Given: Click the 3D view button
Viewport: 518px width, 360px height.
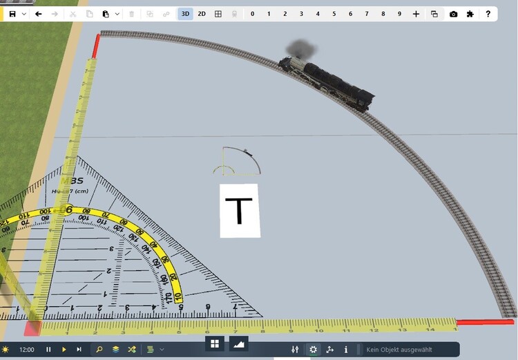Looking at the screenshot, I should click(185, 14).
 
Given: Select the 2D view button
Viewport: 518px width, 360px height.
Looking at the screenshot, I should click(202, 14).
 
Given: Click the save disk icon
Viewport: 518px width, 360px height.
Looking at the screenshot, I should click(12, 14).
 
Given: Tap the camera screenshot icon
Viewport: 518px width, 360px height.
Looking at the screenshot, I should click(453, 14).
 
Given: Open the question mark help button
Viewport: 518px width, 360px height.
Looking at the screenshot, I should click(488, 14).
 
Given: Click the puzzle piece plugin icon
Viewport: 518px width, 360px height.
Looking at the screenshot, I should click(470, 14).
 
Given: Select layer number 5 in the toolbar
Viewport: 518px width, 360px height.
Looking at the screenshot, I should click(334, 14).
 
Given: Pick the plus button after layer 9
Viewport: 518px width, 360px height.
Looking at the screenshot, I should click(416, 14).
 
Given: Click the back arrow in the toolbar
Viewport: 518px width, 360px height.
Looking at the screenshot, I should click(39, 14).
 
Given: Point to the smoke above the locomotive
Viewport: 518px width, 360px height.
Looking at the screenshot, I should click(303, 49).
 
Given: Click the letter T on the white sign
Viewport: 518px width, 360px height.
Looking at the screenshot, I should click(240, 210).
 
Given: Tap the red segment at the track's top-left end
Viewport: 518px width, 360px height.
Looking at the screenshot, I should click(96, 46).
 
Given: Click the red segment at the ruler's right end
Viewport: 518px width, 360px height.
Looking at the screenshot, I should click(486, 322).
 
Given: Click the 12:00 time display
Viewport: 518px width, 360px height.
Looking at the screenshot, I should click(27, 350).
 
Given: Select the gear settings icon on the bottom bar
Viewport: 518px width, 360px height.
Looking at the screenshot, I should click(313, 350).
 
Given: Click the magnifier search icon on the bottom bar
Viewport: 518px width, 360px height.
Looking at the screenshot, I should click(99, 350).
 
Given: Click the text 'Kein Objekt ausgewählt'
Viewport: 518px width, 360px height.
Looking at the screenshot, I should click(401, 350).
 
